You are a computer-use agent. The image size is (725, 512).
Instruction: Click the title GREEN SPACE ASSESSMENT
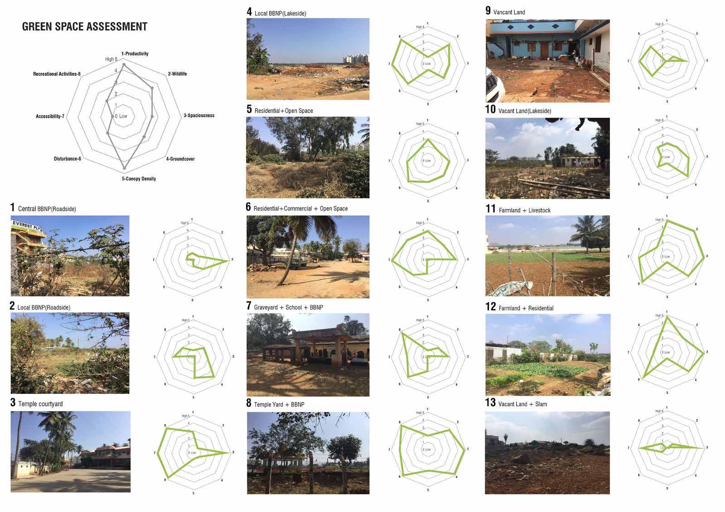(85, 27)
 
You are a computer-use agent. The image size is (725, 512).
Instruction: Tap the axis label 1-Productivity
(135, 53)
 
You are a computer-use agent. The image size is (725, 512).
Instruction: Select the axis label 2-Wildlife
(177, 74)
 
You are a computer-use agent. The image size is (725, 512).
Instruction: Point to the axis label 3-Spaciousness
(198, 115)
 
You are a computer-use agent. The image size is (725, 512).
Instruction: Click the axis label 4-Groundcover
(180, 159)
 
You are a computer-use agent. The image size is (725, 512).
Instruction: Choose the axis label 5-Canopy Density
(139, 179)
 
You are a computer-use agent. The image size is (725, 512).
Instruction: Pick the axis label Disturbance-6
(68, 159)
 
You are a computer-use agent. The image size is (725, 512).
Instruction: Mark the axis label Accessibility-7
(50, 116)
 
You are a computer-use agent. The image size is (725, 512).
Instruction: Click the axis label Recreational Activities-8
(57, 74)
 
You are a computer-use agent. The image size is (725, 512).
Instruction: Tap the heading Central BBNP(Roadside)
(47, 209)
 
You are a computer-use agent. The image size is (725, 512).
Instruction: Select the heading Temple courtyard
(40, 404)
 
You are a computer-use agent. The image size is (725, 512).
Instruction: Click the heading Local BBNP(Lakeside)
(280, 13)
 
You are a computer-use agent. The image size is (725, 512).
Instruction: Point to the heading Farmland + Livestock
(524, 210)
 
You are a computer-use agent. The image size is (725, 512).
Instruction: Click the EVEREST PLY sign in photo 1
(27, 225)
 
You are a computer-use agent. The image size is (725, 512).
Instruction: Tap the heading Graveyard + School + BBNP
(288, 307)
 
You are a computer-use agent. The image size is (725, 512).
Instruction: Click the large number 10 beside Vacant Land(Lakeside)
(490, 110)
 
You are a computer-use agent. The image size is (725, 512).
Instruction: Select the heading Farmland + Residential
(526, 308)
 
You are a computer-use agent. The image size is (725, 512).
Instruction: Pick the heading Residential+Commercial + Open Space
(300, 209)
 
